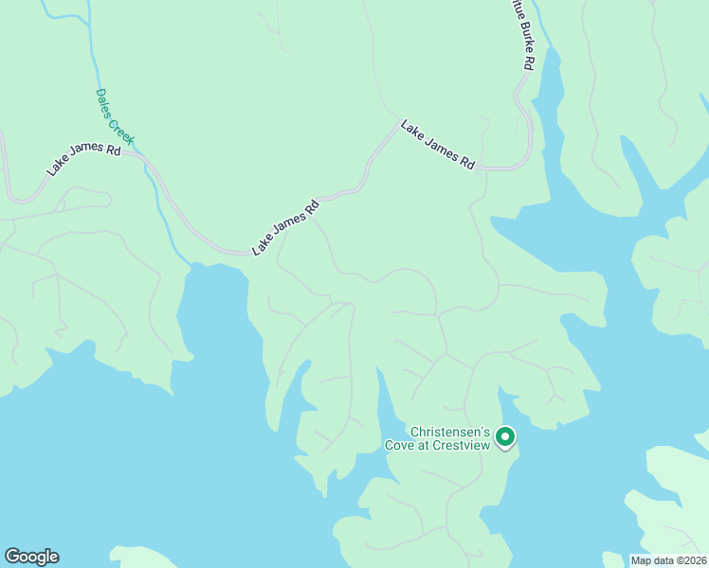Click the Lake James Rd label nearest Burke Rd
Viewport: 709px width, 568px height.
click(x=437, y=144)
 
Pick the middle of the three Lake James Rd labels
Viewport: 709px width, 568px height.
click(x=285, y=226)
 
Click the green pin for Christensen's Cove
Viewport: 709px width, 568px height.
click(x=506, y=436)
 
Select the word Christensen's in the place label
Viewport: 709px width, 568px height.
click(x=448, y=430)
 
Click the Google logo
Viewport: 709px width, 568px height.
click(x=31, y=557)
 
